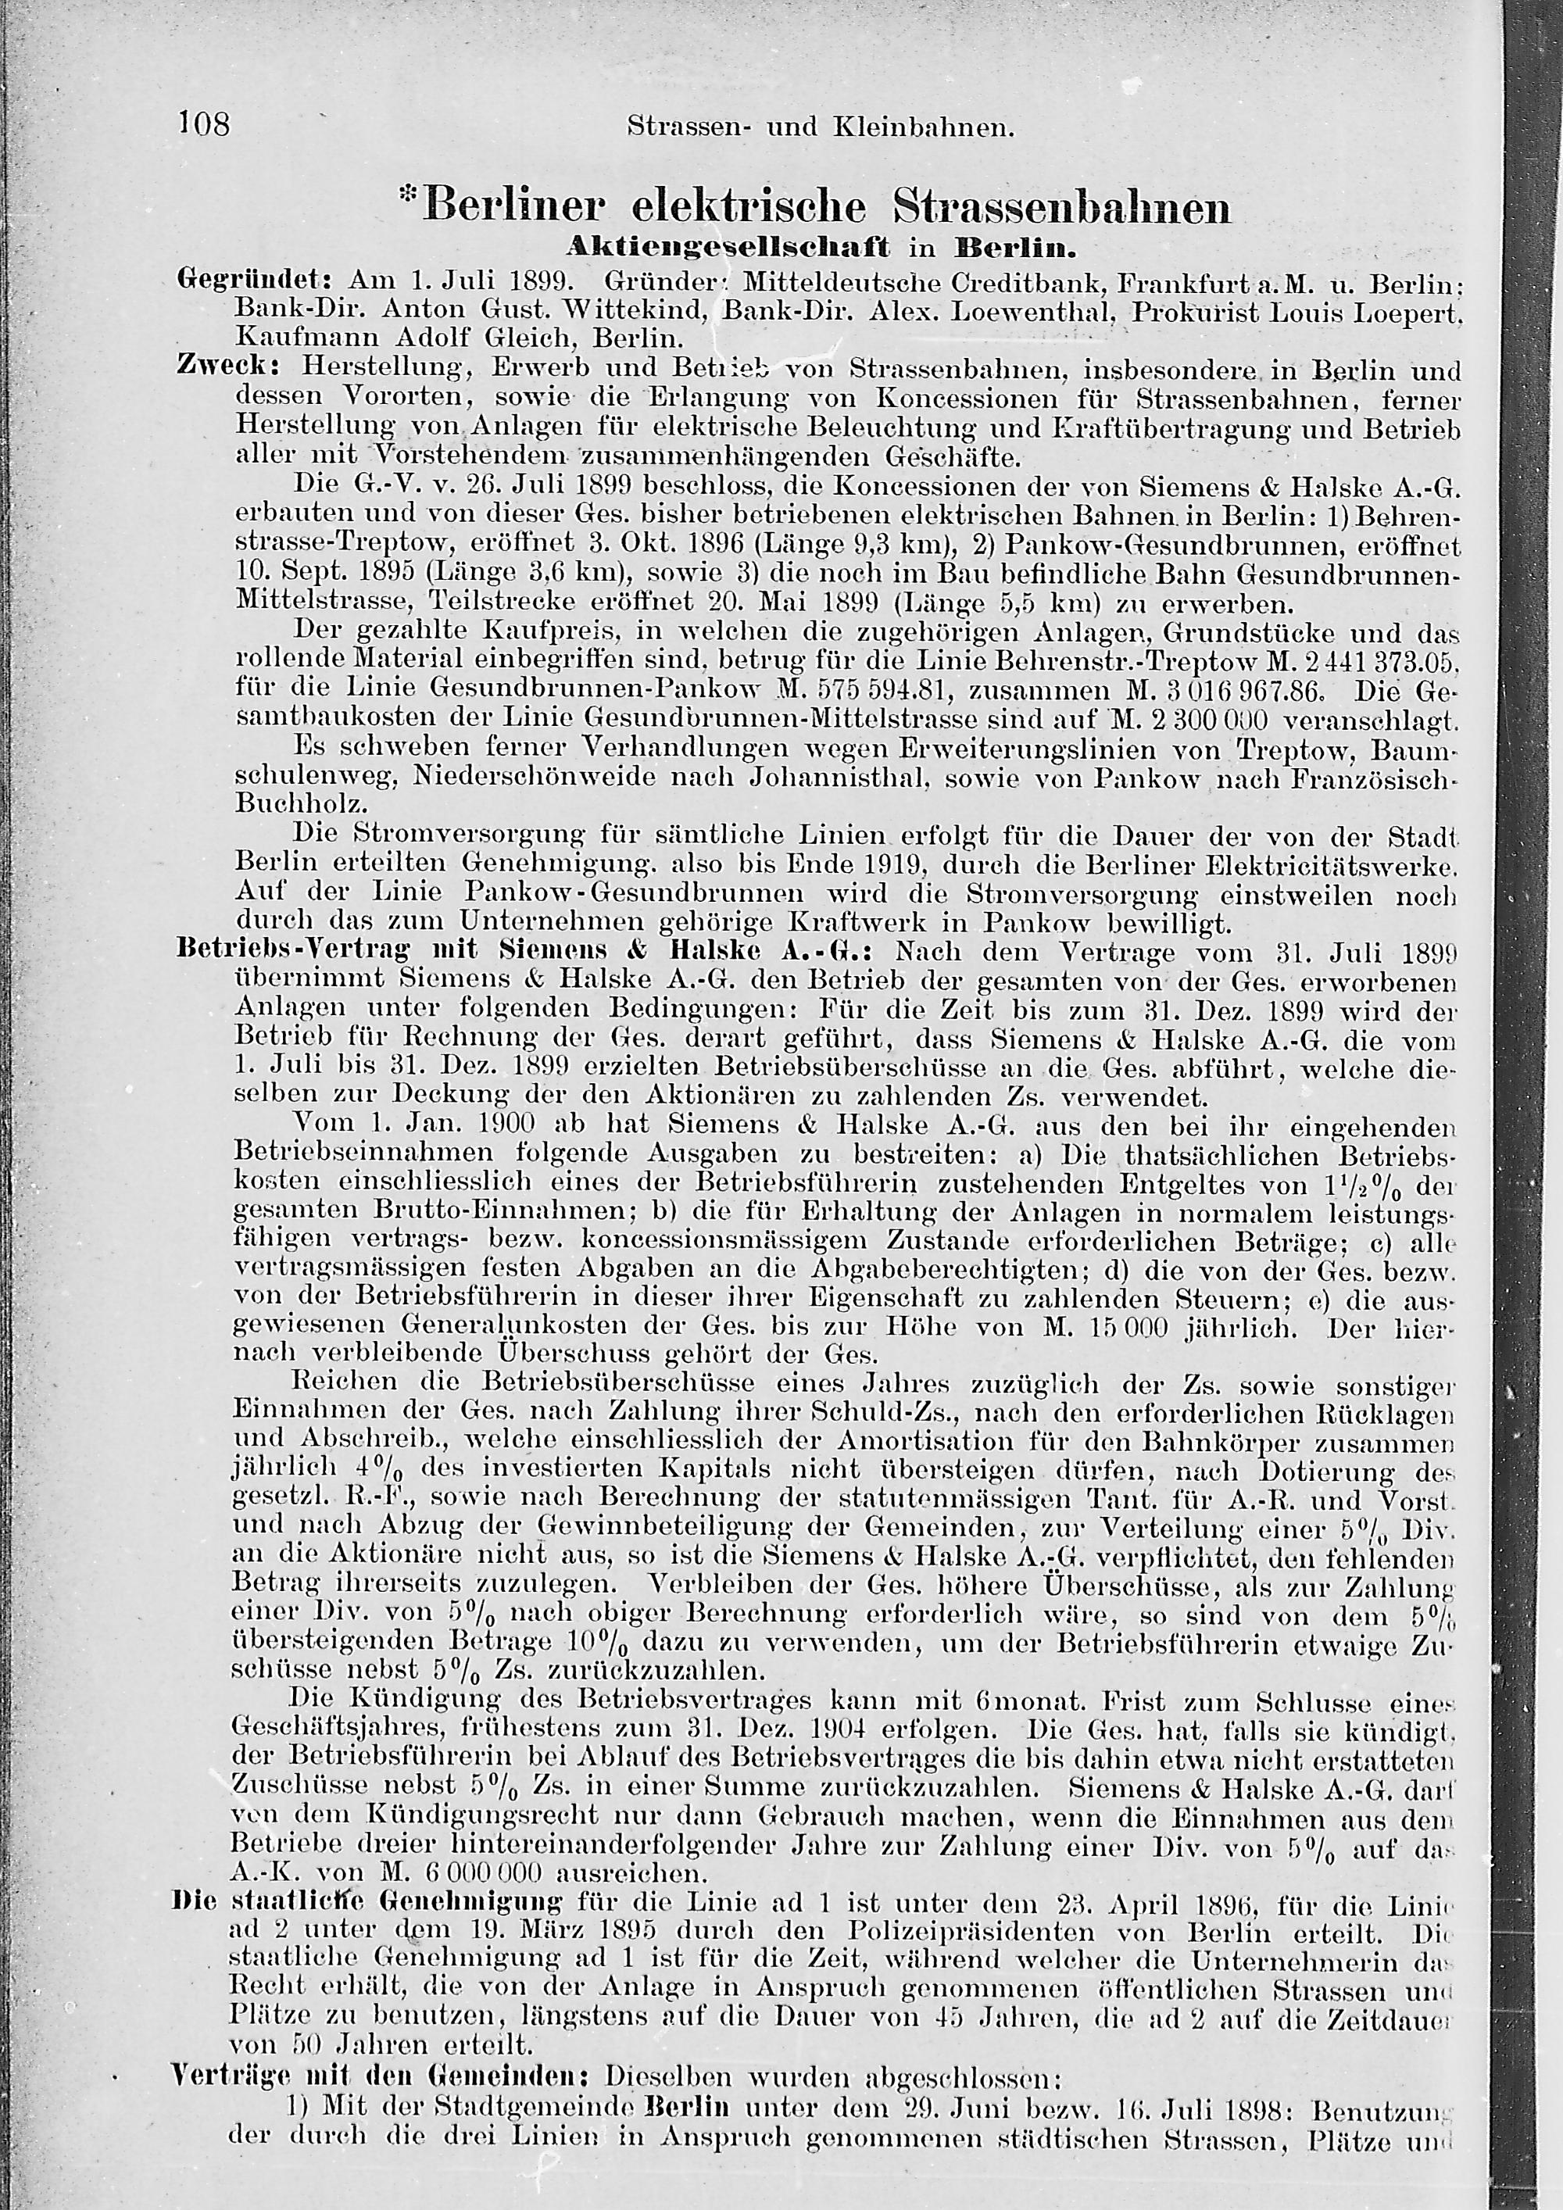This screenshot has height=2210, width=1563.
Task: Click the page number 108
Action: tap(204, 124)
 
